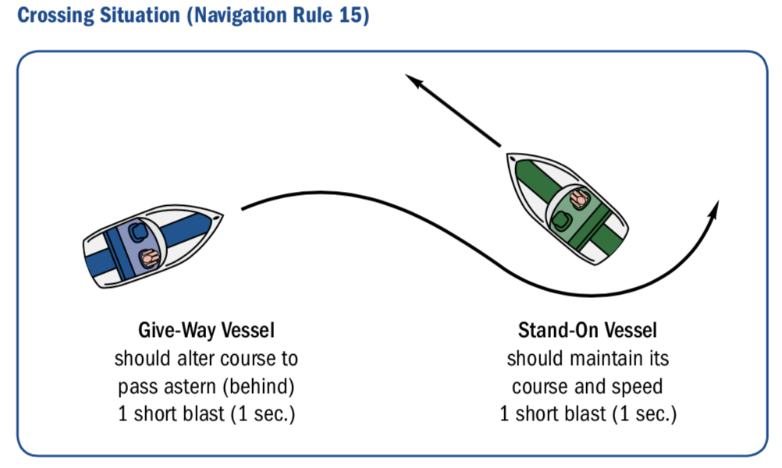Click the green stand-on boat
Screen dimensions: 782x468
pyautogui.click(x=567, y=208)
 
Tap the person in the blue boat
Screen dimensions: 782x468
pyautogui.click(x=149, y=258)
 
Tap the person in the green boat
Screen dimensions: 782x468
pyautogui.click(x=580, y=198)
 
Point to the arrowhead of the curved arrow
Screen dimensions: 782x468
pyautogui.click(x=714, y=209)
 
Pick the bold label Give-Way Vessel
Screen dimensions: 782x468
pyautogui.click(x=207, y=331)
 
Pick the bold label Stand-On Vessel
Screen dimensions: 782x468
pyautogui.click(x=588, y=331)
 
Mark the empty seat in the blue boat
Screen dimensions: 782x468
pyautogui.click(x=137, y=232)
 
